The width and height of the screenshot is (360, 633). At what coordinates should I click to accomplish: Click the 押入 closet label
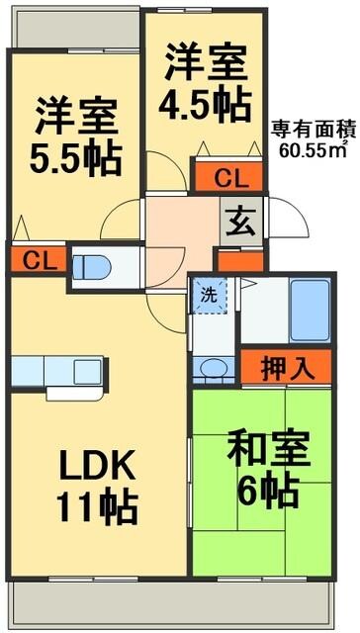click(x=288, y=367)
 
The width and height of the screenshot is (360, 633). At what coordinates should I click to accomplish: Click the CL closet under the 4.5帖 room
click(x=229, y=179)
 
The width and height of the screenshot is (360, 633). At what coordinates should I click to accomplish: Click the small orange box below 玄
click(x=240, y=261)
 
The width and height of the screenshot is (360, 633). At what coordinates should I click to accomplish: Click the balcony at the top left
click(x=75, y=30)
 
